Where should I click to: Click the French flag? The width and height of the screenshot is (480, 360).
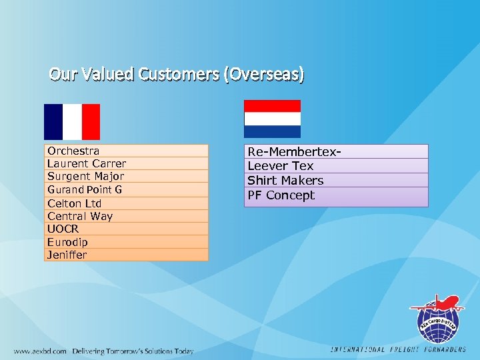click(72, 121)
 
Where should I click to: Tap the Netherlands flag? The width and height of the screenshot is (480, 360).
click(272, 119)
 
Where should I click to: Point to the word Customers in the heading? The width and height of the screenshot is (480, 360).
click(179, 74)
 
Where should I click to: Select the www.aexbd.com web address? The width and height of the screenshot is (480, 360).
click(40, 351)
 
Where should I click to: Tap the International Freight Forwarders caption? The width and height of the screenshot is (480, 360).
click(398, 349)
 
